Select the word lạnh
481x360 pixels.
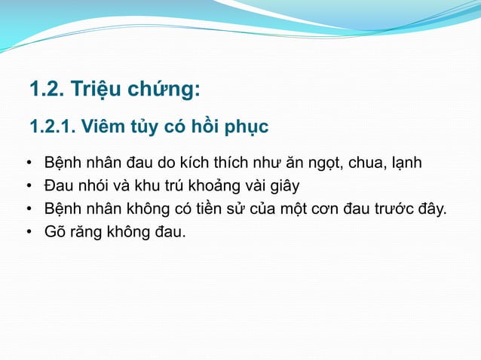pos(408,163)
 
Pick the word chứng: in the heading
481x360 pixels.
pos(164,91)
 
